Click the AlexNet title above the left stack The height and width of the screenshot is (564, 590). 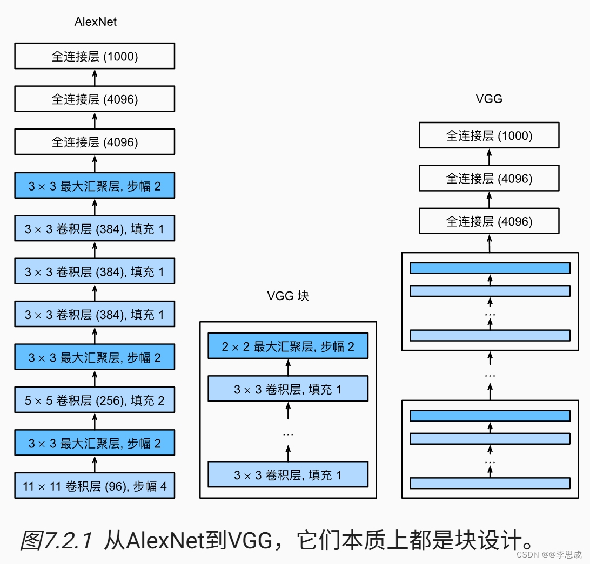pyautogui.click(x=96, y=22)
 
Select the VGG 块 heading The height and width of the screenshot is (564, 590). pyautogui.click(x=288, y=296)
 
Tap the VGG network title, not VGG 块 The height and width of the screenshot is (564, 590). pyautogui.click(x=489, y=99)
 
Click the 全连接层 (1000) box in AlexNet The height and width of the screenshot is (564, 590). pyautogui.click(x=95, y=56)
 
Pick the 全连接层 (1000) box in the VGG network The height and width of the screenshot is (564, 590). pyautogui.click(x=489, y=135)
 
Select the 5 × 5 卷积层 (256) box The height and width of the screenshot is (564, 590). pyautogui.click(x=95, y=400)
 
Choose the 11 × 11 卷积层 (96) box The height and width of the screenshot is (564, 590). pyautogui.click(x=95, y=485)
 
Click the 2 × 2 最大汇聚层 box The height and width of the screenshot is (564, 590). pyautogui.click(x=288, y=346)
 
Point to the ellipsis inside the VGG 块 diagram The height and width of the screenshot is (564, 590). pyautogui.click(x=288, y=434)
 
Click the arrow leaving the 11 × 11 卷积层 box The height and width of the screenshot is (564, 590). pyautogui.click(x=95, y=464)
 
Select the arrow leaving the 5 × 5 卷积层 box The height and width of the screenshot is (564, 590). pyautogui.click(x=95, y=378)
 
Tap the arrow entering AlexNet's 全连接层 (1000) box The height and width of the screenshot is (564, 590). pyautogui.click(x=95, y=78)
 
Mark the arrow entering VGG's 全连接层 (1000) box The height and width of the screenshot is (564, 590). pyautogui.click(x=489, y=157)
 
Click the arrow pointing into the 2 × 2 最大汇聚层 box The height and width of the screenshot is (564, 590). pyautogui.click(x=288, y=368)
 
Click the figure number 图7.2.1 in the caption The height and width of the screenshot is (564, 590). pyautogui.click(x=56, y=540)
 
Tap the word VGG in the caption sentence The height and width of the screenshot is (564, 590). pyautogui.click(x=250, y=540)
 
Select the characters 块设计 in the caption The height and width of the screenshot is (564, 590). pyautogui.click(x=489, y=540)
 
